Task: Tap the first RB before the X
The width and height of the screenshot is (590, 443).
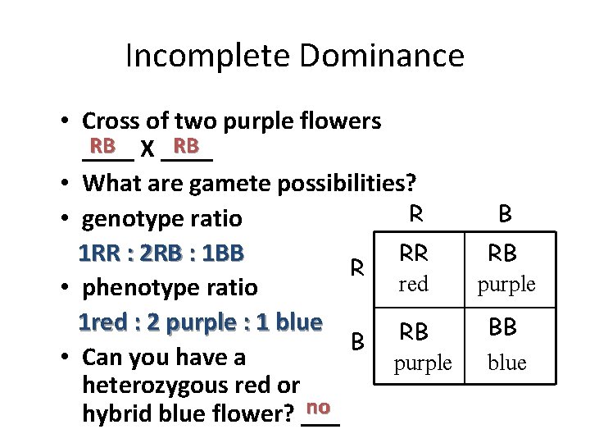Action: [x=102, y=146]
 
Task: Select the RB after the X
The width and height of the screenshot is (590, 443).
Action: [x=186, y=146]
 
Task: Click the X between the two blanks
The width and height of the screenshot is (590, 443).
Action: [x=147, y=150]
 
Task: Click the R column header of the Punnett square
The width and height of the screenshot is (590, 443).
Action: [x=415, y=214]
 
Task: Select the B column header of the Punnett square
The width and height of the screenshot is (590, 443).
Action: [x=505, y=214]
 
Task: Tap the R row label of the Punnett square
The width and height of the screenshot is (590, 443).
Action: [x=357, y=267]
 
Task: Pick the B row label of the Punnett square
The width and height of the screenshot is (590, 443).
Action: [x=357, y=340]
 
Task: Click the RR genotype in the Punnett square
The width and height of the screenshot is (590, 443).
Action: [x=413, y=255]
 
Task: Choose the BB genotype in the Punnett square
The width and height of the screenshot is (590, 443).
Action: [x=502, y=327]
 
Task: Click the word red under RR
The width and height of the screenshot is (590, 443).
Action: [x=413, y=284]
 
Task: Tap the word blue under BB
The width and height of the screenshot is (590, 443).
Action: [x=506, y=363]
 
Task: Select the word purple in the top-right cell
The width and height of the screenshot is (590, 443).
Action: [x=507, y=284]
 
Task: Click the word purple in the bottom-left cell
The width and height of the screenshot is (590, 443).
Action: [x=422, y=363]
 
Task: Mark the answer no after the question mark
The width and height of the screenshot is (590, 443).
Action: [x=319, y=408]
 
